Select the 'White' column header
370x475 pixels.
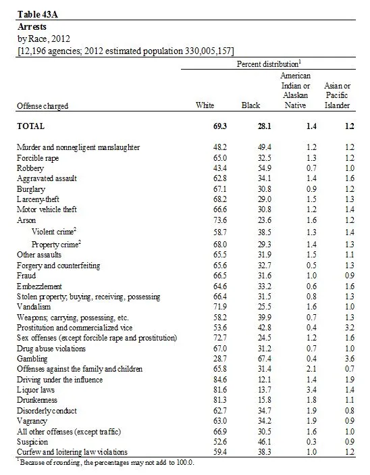click(x=205, y=106)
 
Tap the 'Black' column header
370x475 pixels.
click(x=250, y=106)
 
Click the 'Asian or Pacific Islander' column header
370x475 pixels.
click(x=338, y=96)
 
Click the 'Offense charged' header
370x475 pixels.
click(x=43, y=106)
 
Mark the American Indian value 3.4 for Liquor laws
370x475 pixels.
click(x=292, y=389)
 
